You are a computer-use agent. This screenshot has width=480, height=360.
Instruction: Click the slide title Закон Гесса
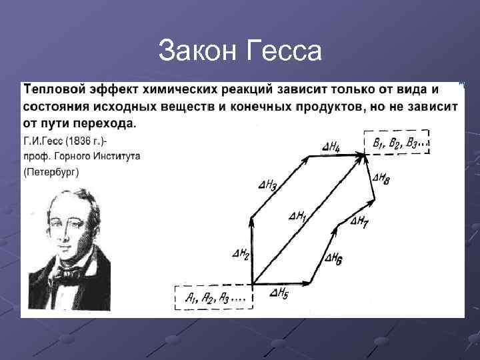point(240,51)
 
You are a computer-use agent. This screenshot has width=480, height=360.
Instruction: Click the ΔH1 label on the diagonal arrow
point(298,216)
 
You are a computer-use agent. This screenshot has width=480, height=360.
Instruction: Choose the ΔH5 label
point(279,293)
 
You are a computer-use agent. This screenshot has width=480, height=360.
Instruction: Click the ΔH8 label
point(382,177)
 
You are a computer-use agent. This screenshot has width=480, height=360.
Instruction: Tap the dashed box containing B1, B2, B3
point(397,143)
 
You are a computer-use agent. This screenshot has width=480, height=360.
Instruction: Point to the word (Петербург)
point(51,171)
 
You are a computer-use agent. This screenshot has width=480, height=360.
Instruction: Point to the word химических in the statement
point(180,89)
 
